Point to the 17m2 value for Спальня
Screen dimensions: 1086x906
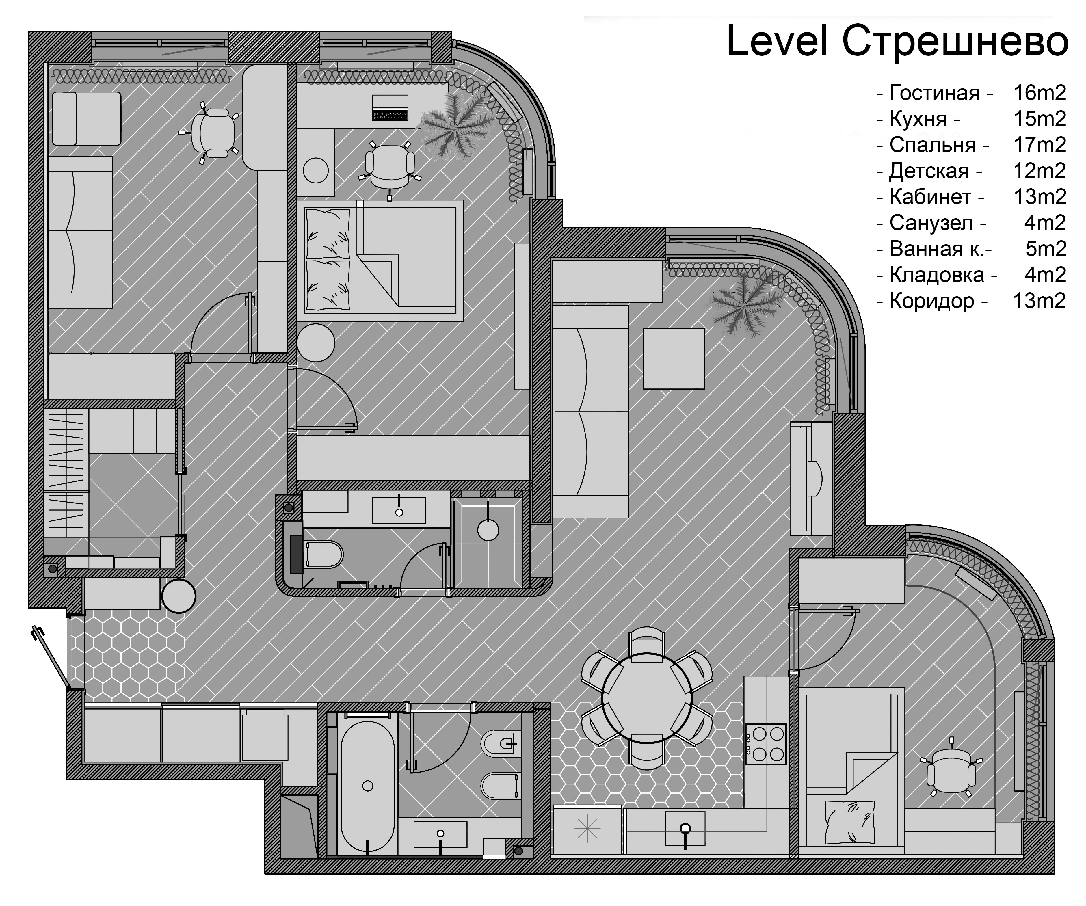pyautogui.click(x=1039, y=145)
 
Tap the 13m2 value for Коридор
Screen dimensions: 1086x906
pyautogui.click(x=1039, y=300)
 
